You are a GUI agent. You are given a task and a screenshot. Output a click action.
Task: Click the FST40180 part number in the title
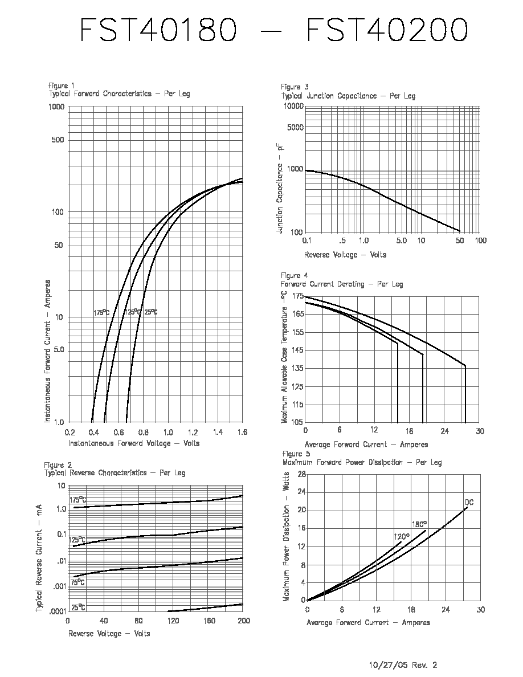158,30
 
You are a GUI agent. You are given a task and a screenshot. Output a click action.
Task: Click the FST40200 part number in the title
387,30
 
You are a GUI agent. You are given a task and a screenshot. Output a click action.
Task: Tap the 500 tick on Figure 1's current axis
58,140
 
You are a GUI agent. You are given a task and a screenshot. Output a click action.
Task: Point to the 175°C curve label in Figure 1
102,312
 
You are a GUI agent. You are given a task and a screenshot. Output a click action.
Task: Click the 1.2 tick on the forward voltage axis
193,432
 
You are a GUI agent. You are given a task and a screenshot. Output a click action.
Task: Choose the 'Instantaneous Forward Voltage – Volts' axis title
134,443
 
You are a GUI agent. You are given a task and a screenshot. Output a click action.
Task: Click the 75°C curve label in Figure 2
77,582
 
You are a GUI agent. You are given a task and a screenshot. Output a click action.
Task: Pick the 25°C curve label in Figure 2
78,607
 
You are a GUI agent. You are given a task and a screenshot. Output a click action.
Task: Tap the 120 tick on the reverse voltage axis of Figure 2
173,621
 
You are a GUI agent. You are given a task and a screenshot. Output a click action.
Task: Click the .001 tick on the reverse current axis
60,586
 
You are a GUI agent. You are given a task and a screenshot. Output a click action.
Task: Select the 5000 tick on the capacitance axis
295,128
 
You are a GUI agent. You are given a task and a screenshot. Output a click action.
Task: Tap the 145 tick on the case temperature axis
298,350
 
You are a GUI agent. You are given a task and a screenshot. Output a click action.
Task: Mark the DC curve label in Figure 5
469,503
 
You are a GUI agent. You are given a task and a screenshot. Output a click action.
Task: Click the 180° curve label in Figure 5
419,525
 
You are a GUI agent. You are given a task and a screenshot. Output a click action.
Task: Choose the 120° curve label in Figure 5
402,537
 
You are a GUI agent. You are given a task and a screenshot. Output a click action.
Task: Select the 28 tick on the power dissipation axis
301,475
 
